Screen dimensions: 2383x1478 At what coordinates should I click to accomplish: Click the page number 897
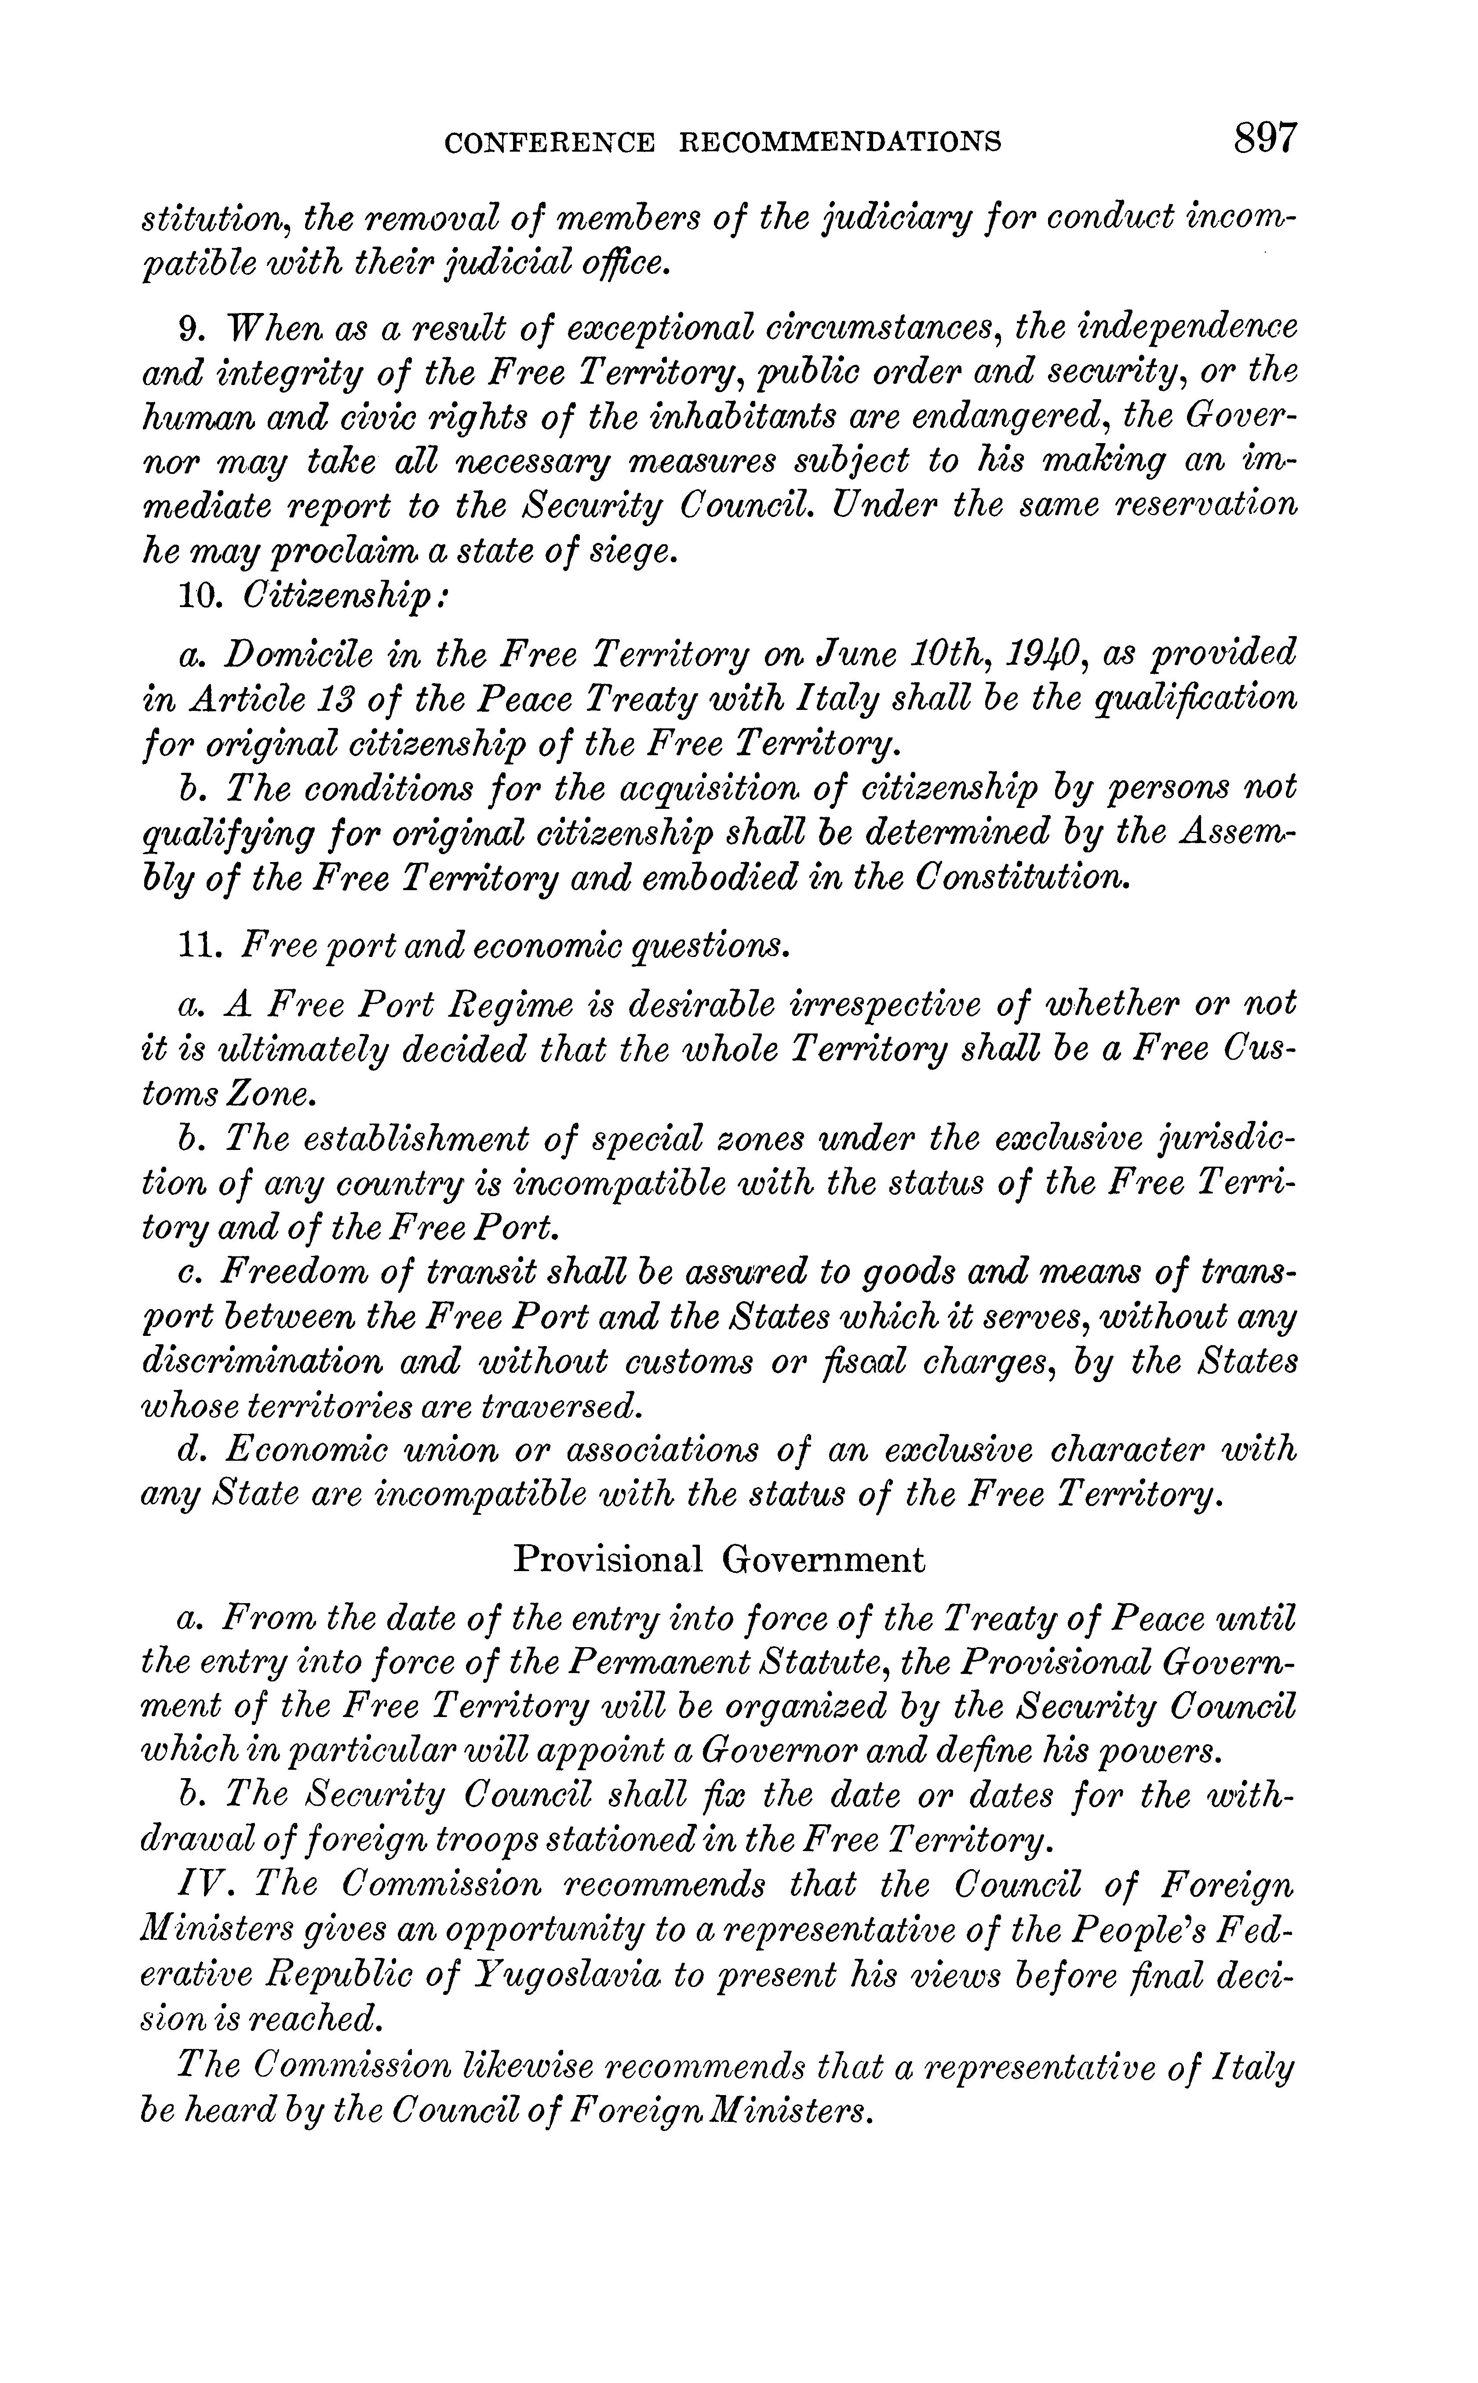1265,138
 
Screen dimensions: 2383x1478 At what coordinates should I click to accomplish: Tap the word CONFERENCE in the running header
550,143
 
